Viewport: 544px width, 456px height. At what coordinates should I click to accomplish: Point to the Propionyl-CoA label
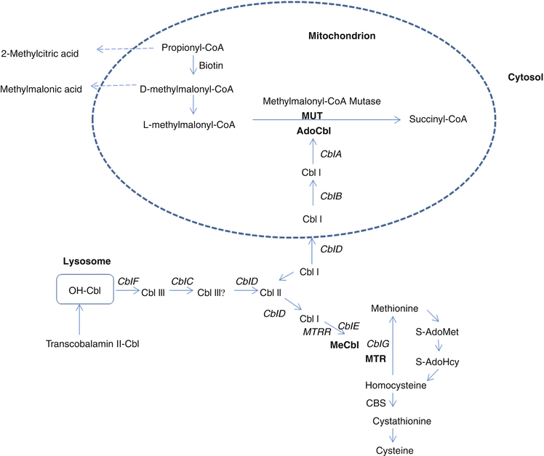[x=192, y=48]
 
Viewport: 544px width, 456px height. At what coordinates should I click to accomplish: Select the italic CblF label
[x=128, y=279]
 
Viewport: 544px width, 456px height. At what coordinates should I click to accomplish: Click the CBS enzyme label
[x=375, y=401]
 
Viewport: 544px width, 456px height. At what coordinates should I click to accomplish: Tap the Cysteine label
[x=393, y=450]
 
